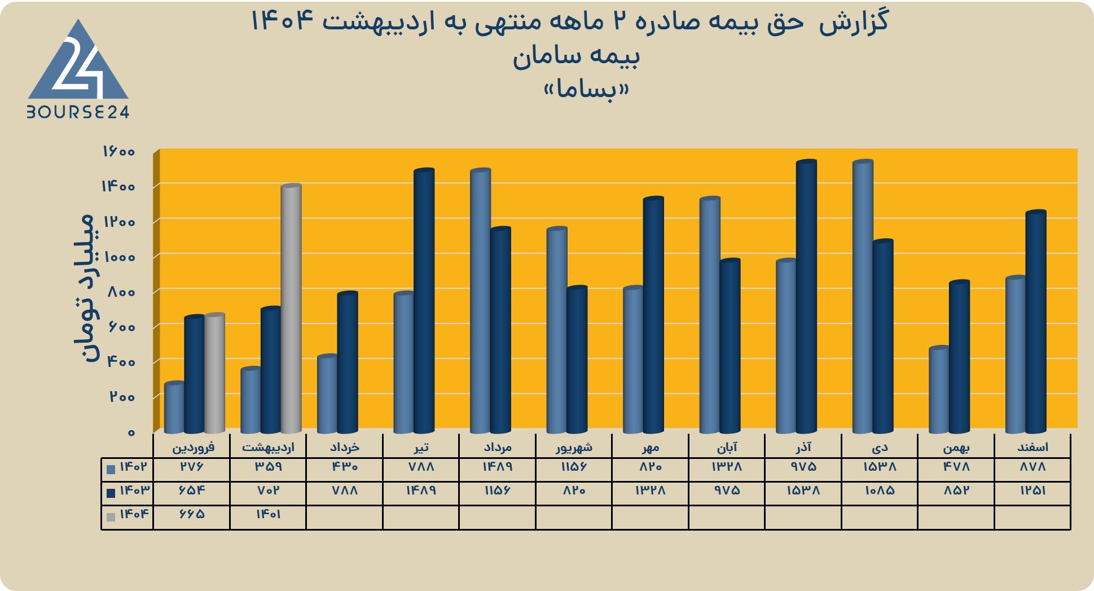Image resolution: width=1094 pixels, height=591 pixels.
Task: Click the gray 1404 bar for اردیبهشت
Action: tap(291, 309)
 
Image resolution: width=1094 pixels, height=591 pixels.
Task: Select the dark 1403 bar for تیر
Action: tap(424, 301)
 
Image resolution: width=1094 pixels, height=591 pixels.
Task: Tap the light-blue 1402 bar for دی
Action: tap(863, 297)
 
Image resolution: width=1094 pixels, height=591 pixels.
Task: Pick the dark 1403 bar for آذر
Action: tap(807, 297)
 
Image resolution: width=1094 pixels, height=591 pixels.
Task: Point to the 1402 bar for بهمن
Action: tap(939, 389)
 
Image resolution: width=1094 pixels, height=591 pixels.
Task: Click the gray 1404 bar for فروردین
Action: tap(214, 373)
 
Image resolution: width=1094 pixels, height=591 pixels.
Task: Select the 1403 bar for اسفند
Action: tap(1036, 322)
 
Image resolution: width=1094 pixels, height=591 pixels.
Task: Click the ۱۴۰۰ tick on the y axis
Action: tap(118, 186)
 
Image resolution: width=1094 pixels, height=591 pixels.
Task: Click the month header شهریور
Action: tap(574, 448)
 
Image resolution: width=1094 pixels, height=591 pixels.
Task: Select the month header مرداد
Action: tap(498, 448)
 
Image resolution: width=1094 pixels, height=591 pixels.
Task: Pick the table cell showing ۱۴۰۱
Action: tap(268, 514)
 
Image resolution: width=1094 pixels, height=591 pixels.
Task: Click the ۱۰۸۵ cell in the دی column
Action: tap(880, 491)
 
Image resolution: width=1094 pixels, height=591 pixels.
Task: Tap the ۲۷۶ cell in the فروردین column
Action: tap(192, 467)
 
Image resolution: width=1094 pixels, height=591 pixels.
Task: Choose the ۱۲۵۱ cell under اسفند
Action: tap(1033, 491)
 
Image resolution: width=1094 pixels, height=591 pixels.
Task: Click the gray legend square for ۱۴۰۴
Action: tap(111, 516)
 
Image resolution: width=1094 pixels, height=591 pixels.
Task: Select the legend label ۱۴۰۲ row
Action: tap(134, 467)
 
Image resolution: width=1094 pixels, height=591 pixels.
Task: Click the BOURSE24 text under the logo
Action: tap(78, 112)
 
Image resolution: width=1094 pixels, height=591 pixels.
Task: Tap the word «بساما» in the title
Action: tap(586, 89)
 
